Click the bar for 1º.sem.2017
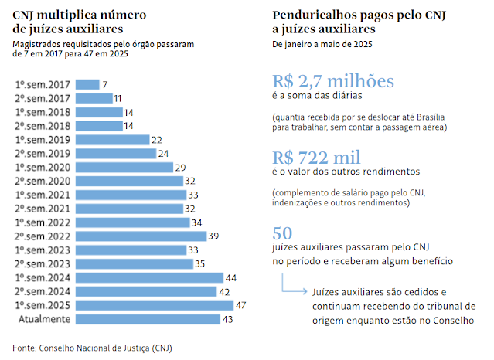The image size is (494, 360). click(87, 84)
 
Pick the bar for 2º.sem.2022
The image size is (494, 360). click(141, 236)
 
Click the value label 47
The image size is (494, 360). click(240, 305)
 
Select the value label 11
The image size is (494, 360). click(118, 98)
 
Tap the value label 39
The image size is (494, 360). click(213, 236)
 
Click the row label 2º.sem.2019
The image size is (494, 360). click(43, 154)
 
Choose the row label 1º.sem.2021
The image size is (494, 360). click(43, 195)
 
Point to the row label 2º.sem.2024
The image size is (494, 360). click(43, 291)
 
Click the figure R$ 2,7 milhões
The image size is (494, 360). click(333, 81)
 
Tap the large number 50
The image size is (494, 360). click(283, 233)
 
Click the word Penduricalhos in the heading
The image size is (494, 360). click(316, 15)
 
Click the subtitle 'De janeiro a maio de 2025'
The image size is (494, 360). click(323, 46)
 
